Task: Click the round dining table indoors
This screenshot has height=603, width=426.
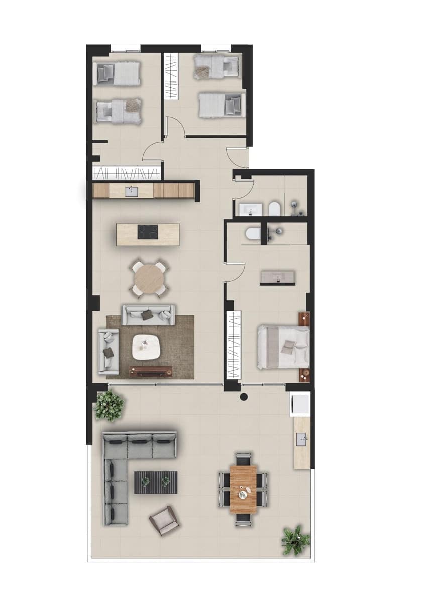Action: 149,277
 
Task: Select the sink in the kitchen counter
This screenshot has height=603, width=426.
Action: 133,191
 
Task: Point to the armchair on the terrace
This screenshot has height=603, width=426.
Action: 164,520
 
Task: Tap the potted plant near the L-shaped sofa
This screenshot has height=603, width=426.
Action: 109,405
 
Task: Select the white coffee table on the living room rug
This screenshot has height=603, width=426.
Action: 146,346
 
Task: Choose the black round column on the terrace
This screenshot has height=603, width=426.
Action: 244,398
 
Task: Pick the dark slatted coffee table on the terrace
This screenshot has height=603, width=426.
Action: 156,482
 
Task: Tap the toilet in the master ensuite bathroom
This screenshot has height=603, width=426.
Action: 253,232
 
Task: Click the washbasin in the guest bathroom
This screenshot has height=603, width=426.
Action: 250,209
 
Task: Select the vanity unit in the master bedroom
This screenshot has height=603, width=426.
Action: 277,278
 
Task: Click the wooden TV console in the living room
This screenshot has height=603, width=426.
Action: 151,371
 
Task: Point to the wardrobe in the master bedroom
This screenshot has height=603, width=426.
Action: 234,346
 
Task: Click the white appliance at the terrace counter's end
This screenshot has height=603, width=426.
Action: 299,404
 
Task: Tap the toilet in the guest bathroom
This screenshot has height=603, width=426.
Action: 274,208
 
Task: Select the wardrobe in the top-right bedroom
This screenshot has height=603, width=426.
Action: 172,75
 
